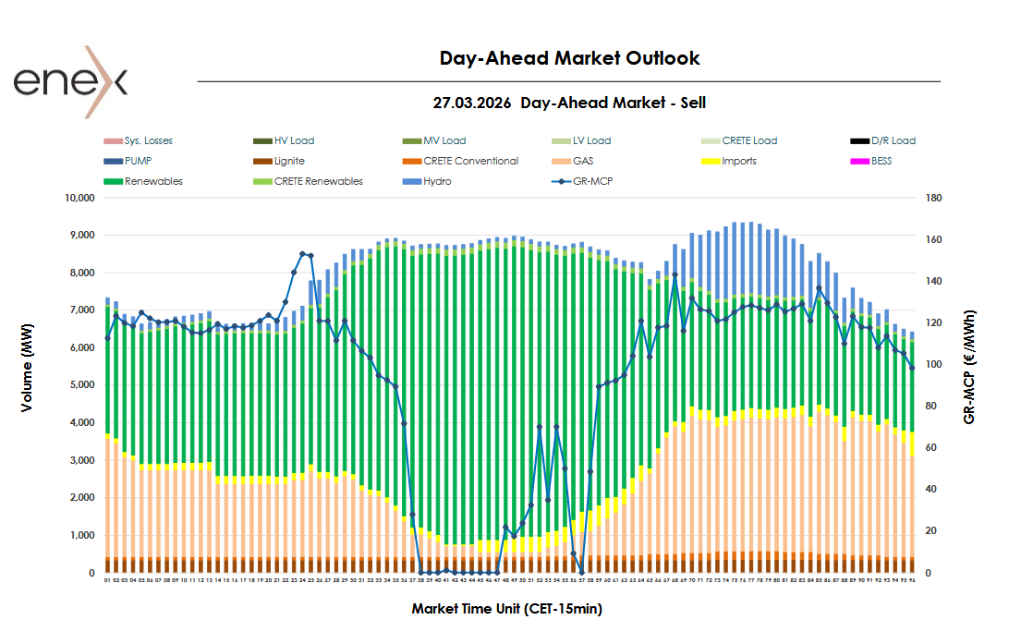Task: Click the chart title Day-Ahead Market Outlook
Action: point(569,58)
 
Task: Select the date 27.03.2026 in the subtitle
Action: point(471,103)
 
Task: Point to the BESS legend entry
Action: point(883,161)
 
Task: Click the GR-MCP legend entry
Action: point(592,181)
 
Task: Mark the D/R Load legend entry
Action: point(893,140)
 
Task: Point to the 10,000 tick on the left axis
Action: point(78,198)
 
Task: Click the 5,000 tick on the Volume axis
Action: point(80,385)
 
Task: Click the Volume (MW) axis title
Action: point(29,385)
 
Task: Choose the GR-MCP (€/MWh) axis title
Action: point(969,367)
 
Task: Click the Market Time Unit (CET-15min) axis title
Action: point(506,609)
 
